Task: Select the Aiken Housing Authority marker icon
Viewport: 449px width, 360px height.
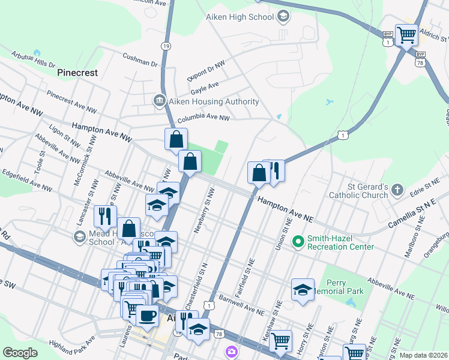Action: pos(160,100)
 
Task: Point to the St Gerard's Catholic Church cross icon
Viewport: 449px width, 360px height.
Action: pos(397,191)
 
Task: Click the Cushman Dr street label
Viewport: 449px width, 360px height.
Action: pos(139,59)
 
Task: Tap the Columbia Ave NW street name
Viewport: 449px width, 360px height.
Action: pos(203,118)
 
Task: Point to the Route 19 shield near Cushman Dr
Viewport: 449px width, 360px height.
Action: pos(166,46)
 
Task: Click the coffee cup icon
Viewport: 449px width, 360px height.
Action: pos(146,315)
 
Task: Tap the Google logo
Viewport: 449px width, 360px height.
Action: pos(20,352)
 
